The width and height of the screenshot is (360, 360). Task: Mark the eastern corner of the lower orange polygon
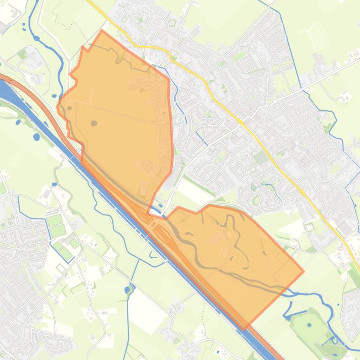tap(303, 271)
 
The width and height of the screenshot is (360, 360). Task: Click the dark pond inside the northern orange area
tap(94, 123)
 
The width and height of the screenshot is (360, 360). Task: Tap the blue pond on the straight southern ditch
tap(127, 290)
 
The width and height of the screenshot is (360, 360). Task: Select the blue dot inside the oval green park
tap(309, 324)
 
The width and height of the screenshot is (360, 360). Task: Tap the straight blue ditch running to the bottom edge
tap(127, 327)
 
